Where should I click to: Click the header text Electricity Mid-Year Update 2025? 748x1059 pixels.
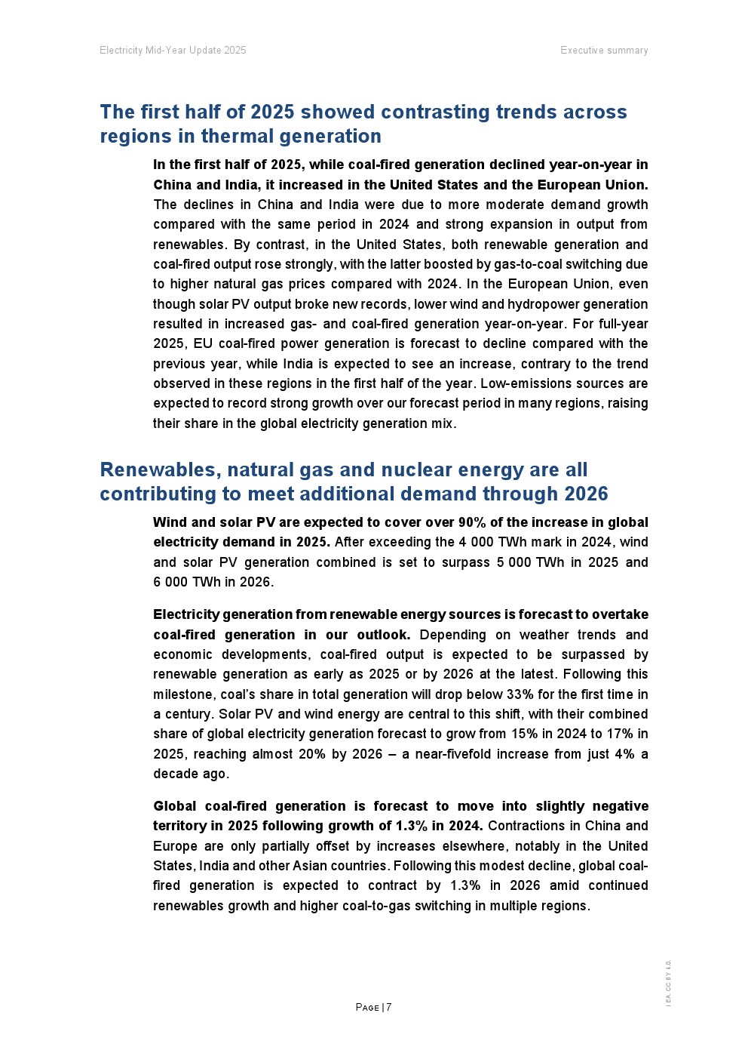(173, 51)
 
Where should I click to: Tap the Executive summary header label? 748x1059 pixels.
(604, 51)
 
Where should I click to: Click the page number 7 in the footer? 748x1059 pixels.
(389, 1008)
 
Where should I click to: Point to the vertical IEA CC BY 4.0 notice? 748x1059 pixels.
(668, 983)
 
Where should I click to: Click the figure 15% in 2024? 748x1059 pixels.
(517, 734)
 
